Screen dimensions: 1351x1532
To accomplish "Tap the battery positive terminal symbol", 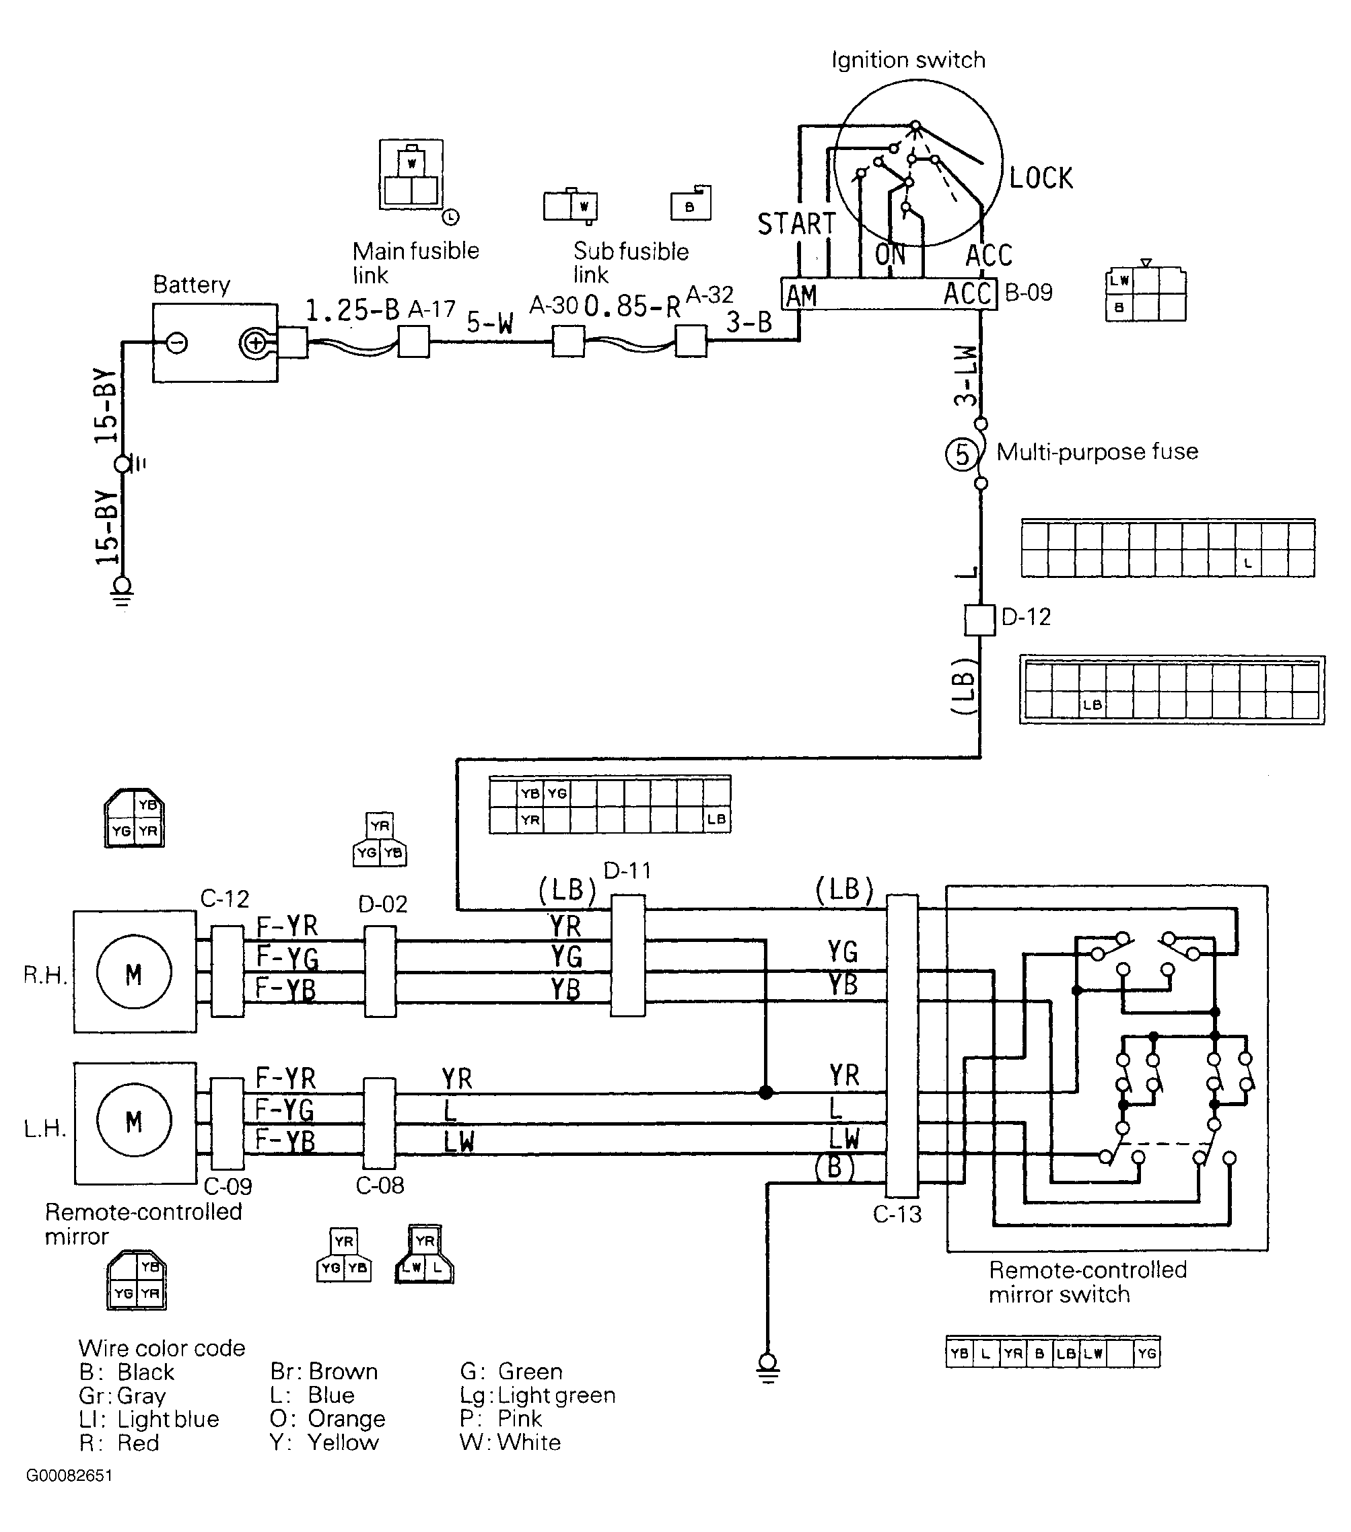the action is tap(256, 343).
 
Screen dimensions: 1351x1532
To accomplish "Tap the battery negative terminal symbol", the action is tap(177, 343).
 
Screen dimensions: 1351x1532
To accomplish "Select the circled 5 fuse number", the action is tap(962, 454).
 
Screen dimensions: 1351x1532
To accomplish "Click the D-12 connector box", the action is tap(979, 620).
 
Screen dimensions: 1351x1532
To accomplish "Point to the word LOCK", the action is tap(1041, 178).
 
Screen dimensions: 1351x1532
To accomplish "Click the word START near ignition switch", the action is tap(796, 223).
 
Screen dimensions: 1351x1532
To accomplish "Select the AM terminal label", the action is tap(800, 295).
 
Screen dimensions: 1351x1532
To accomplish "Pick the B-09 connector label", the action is tap(1029, 292).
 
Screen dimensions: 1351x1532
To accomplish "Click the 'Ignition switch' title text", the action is tap(909, 60).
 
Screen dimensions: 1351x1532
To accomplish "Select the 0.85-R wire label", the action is tap(632, 306).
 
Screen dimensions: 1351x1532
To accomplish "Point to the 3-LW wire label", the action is tap(966, 375).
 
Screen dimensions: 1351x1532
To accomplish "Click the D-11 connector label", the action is tap(627, 870).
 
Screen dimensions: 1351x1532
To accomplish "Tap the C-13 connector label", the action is tap(897, 1214).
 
